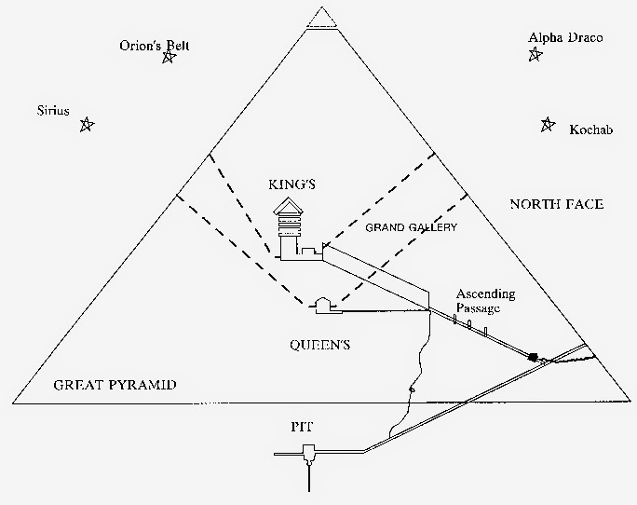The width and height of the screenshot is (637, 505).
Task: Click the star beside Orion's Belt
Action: (x=169, y=57)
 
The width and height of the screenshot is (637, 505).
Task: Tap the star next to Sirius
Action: (x=86, y=125)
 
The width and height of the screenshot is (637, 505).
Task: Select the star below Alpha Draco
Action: (x=535, y=54)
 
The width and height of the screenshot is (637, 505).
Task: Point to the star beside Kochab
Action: (x=548, y=125)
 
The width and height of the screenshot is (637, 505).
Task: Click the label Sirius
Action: (x=53, y=111)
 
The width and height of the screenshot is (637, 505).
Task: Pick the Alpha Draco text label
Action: (x=565, y=38)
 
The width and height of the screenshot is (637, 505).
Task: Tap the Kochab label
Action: (x=590, y=130)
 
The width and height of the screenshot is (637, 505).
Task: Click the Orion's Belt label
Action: (x=155, y=45)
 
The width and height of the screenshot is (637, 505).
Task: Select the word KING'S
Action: (x=291, y=184)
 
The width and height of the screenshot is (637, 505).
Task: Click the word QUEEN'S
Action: (x=319, y=345)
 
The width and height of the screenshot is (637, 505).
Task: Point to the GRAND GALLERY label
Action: (x=411, y=227)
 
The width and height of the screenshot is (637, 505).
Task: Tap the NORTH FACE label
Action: (x=557, y=204)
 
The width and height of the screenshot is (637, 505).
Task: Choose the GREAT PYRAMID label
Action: (x=115, y=385)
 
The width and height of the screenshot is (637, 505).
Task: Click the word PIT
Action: (x=302, y=427)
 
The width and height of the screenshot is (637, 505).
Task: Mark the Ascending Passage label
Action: (x=485, y=301)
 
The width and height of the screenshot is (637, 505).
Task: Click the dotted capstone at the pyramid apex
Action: (x=321, y=18)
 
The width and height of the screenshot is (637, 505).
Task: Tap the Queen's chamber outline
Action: (x=324, y=306)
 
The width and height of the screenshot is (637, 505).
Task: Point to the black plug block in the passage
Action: (x=532, y=357)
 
